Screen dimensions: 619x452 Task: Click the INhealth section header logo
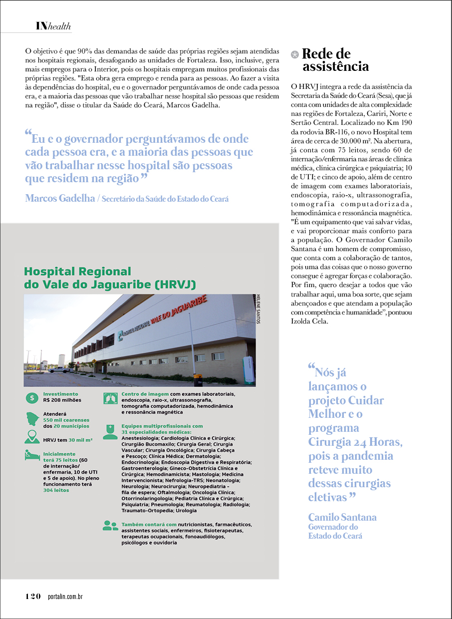[x=53, y=26]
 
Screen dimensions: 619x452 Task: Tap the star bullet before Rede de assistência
[x=295, y=53]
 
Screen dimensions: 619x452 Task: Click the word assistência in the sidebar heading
[x=335, y=66]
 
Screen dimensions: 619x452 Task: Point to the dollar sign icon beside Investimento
[x=32, y=398]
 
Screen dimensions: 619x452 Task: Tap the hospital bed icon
[x=32, y=455]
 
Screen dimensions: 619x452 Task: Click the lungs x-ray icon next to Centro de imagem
[x=110, y=398]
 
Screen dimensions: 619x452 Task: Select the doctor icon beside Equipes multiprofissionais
[x=110, y=430]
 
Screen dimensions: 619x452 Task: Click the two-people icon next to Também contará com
[x=110, y=525]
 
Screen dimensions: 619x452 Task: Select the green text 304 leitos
[x=56, y=490]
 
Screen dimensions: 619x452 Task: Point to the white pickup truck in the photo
[x=59, y=370]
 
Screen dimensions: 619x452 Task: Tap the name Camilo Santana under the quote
[x=342, y=517]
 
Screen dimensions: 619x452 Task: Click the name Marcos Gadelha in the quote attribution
[x=60, y=198]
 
